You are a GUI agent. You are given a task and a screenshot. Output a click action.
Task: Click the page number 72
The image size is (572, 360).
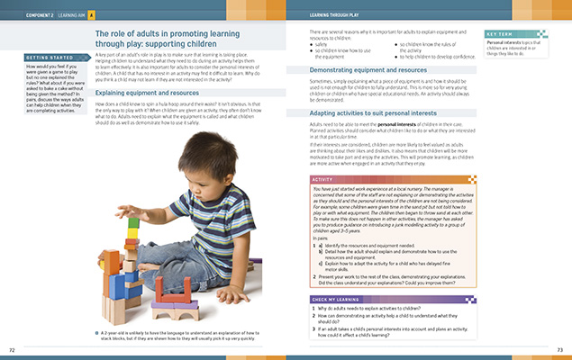12,348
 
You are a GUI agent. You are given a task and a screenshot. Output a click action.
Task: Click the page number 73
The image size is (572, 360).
559,348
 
